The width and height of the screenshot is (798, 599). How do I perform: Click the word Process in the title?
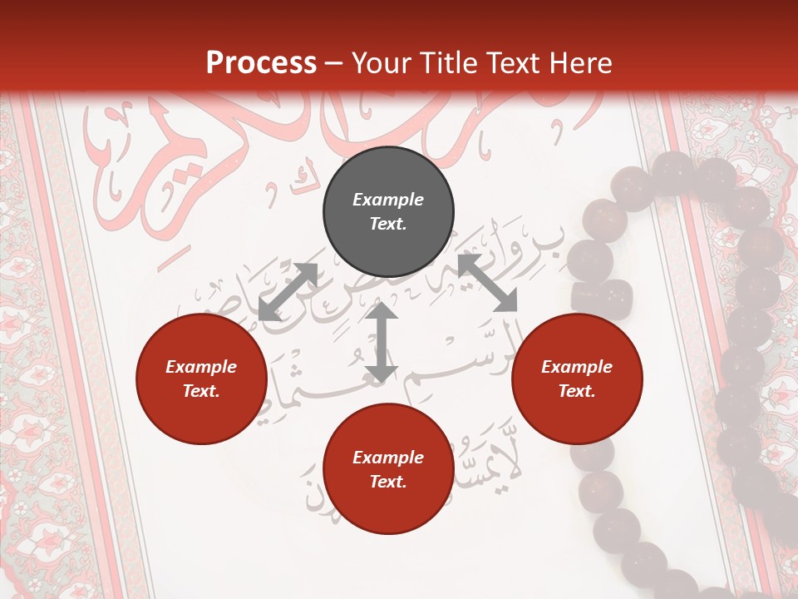tap(261, 62)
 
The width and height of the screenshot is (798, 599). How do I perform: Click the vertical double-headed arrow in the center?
tap(382, 342)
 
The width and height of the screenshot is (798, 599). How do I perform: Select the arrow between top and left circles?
tap(288, 291)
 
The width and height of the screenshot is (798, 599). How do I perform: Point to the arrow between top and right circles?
tap(487, 283)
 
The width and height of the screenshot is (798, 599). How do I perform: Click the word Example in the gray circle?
tap(388, 200)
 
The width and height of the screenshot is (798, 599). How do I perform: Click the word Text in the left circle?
tap(201, 391)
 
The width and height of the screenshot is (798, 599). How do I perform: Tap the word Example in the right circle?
tap(577, 367)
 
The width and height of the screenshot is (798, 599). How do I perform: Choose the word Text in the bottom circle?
tap(388, 482)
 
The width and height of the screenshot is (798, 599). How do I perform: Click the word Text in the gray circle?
tap(388, 224)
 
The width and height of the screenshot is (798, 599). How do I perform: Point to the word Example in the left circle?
tap(201, 367)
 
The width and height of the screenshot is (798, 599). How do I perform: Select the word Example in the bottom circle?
tap(388, 458)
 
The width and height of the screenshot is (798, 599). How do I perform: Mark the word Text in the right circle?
tap(577, 391)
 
